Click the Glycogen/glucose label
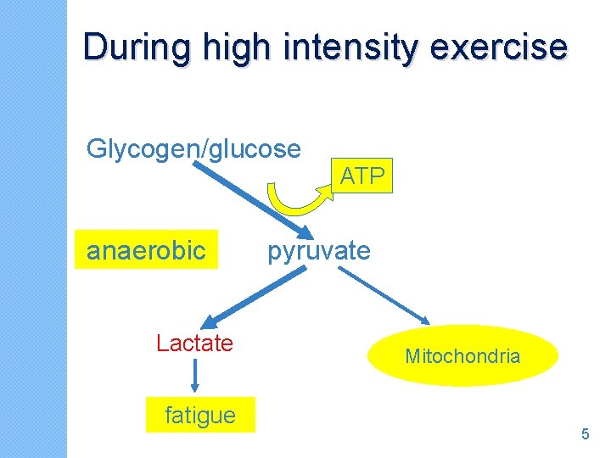pos(193,149)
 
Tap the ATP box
pos(363,176)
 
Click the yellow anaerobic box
pos(146,250)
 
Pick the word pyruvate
pos(319,251)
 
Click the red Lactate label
pos(194,343)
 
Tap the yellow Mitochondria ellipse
pos(462,356)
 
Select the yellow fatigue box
pos(200,416)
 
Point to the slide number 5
pos(585,434)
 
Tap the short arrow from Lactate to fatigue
pos(195,375)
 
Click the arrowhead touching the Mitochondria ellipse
pos(426,322)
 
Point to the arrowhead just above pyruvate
pos(299,233)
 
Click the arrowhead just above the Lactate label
pos(209,321)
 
